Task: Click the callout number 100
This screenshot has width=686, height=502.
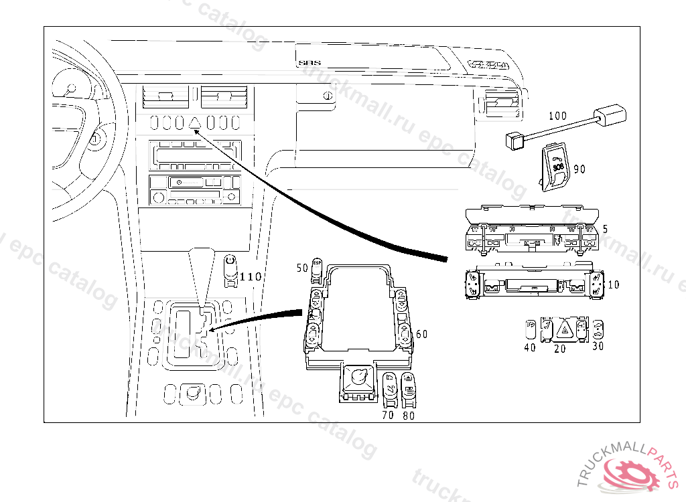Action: [x=557, y=116]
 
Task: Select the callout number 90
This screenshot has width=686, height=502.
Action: [x=579, y=169]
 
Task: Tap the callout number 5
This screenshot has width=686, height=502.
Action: [x=605, y=229]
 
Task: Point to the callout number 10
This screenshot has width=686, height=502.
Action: [x=613, y=284]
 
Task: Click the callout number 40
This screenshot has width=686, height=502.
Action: [x=529, y=347]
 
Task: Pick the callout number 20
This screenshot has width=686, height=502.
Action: [x=559, y=348]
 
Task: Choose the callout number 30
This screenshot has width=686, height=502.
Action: [x=598, y=346]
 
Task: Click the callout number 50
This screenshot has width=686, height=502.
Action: [x=302, y=268]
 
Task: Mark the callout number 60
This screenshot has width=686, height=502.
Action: [x=421, y=334]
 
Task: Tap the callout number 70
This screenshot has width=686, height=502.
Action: [x=388, y=415]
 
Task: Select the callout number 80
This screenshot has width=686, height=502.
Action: [x=409, y=415]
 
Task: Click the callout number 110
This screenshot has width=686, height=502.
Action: [x=251, y=276]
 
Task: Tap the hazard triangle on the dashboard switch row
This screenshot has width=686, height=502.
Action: [x=196, y=122]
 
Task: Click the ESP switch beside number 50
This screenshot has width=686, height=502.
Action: [x=318, y=268]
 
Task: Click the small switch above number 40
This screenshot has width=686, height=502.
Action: [x=530, y=328]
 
